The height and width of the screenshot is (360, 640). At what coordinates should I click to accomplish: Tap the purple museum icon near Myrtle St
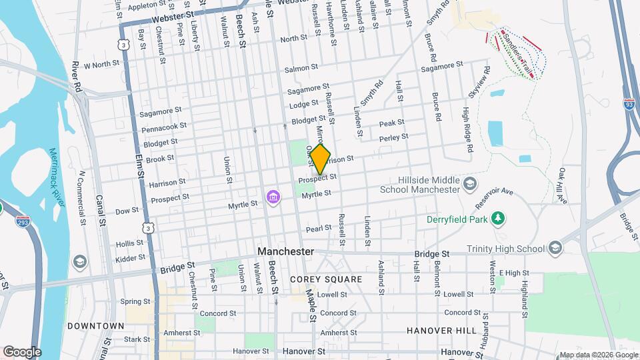tap(272, 197)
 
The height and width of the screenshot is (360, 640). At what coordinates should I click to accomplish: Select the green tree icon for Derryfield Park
tap(496, 219)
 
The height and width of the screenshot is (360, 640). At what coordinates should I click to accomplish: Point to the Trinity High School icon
tap(555, 249)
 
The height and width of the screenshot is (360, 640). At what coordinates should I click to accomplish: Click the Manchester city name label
tap(285, 252)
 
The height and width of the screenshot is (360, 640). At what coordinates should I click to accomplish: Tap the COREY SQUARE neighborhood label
tap(326, 279)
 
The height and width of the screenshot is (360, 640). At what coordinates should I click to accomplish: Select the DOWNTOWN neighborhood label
tap(96, 326)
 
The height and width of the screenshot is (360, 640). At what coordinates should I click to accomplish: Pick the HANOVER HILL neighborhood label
tap(441, 331)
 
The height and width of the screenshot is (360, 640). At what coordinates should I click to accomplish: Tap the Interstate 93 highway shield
tap(629, 104)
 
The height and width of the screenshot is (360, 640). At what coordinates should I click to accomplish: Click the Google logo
tap(21, 351)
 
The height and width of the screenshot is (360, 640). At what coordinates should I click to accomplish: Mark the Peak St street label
tap(391, 123)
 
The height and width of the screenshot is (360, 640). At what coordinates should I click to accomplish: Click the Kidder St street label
tap(130, 257)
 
